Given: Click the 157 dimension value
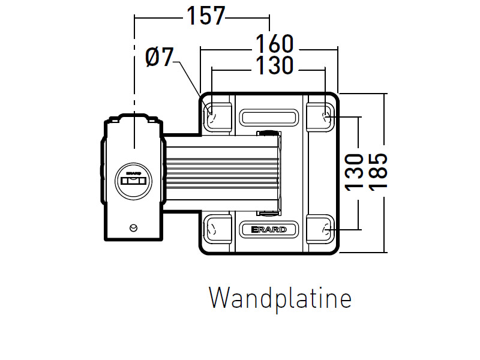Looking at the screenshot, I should [x=205, y=16].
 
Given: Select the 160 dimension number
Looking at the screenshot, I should [x=274, y=44].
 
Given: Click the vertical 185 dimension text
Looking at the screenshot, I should [x=379, y=172].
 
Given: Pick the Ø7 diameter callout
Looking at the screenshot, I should [x=159, y=58].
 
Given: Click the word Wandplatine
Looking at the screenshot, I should [x=280, y=298].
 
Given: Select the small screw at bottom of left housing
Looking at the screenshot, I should [x=133, y=227].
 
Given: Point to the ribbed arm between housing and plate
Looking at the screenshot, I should [x=222, y=173].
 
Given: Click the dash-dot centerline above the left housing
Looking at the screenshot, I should [x=134, y=72].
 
